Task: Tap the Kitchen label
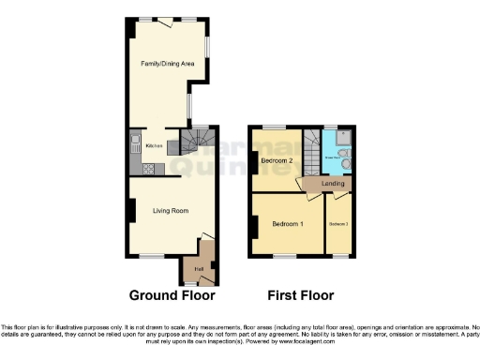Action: coord(155,146)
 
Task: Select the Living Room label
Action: coord(172,211)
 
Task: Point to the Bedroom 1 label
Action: coord(288,225)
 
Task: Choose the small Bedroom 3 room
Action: coord(338,225)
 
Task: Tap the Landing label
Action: coord(333,183)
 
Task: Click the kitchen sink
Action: coord(135,146)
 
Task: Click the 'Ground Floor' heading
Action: coord(172,295)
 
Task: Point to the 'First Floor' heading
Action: coord(300,295)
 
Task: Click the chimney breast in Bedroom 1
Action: coord(254,227)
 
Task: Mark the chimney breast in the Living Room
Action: coord(132,210)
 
